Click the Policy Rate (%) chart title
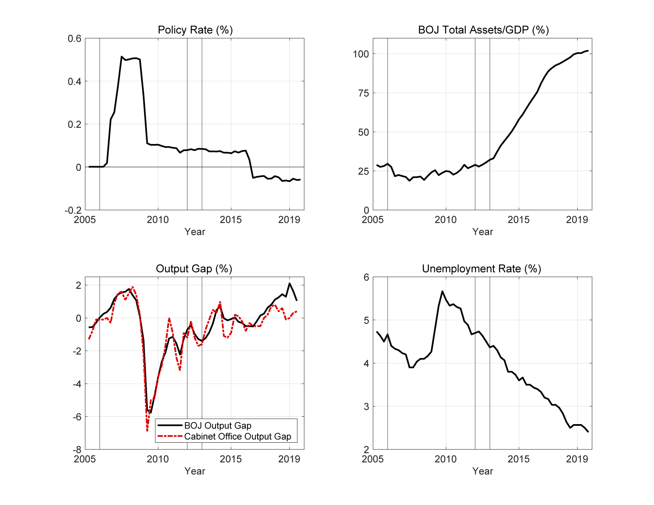(195, 30)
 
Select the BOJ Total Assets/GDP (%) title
(483, 30)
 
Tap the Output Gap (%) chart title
(194, 269)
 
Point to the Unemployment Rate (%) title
(481, 269)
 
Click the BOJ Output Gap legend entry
(218, 426)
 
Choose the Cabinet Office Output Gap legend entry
(237, 437)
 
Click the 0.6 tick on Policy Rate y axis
(75, 38)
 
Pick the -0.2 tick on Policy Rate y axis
(73, 210)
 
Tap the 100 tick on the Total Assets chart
(361, 54)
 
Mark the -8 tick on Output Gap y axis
(77, 450)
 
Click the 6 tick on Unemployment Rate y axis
(366, 277)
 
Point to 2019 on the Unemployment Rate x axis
(577, 459)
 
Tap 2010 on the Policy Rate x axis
(158, 220)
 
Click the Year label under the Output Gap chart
(194, 471)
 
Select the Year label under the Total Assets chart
(483, 232)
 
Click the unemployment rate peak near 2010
(442, 291)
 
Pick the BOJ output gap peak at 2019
(289, 283)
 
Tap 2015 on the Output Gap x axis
(231, 459)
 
